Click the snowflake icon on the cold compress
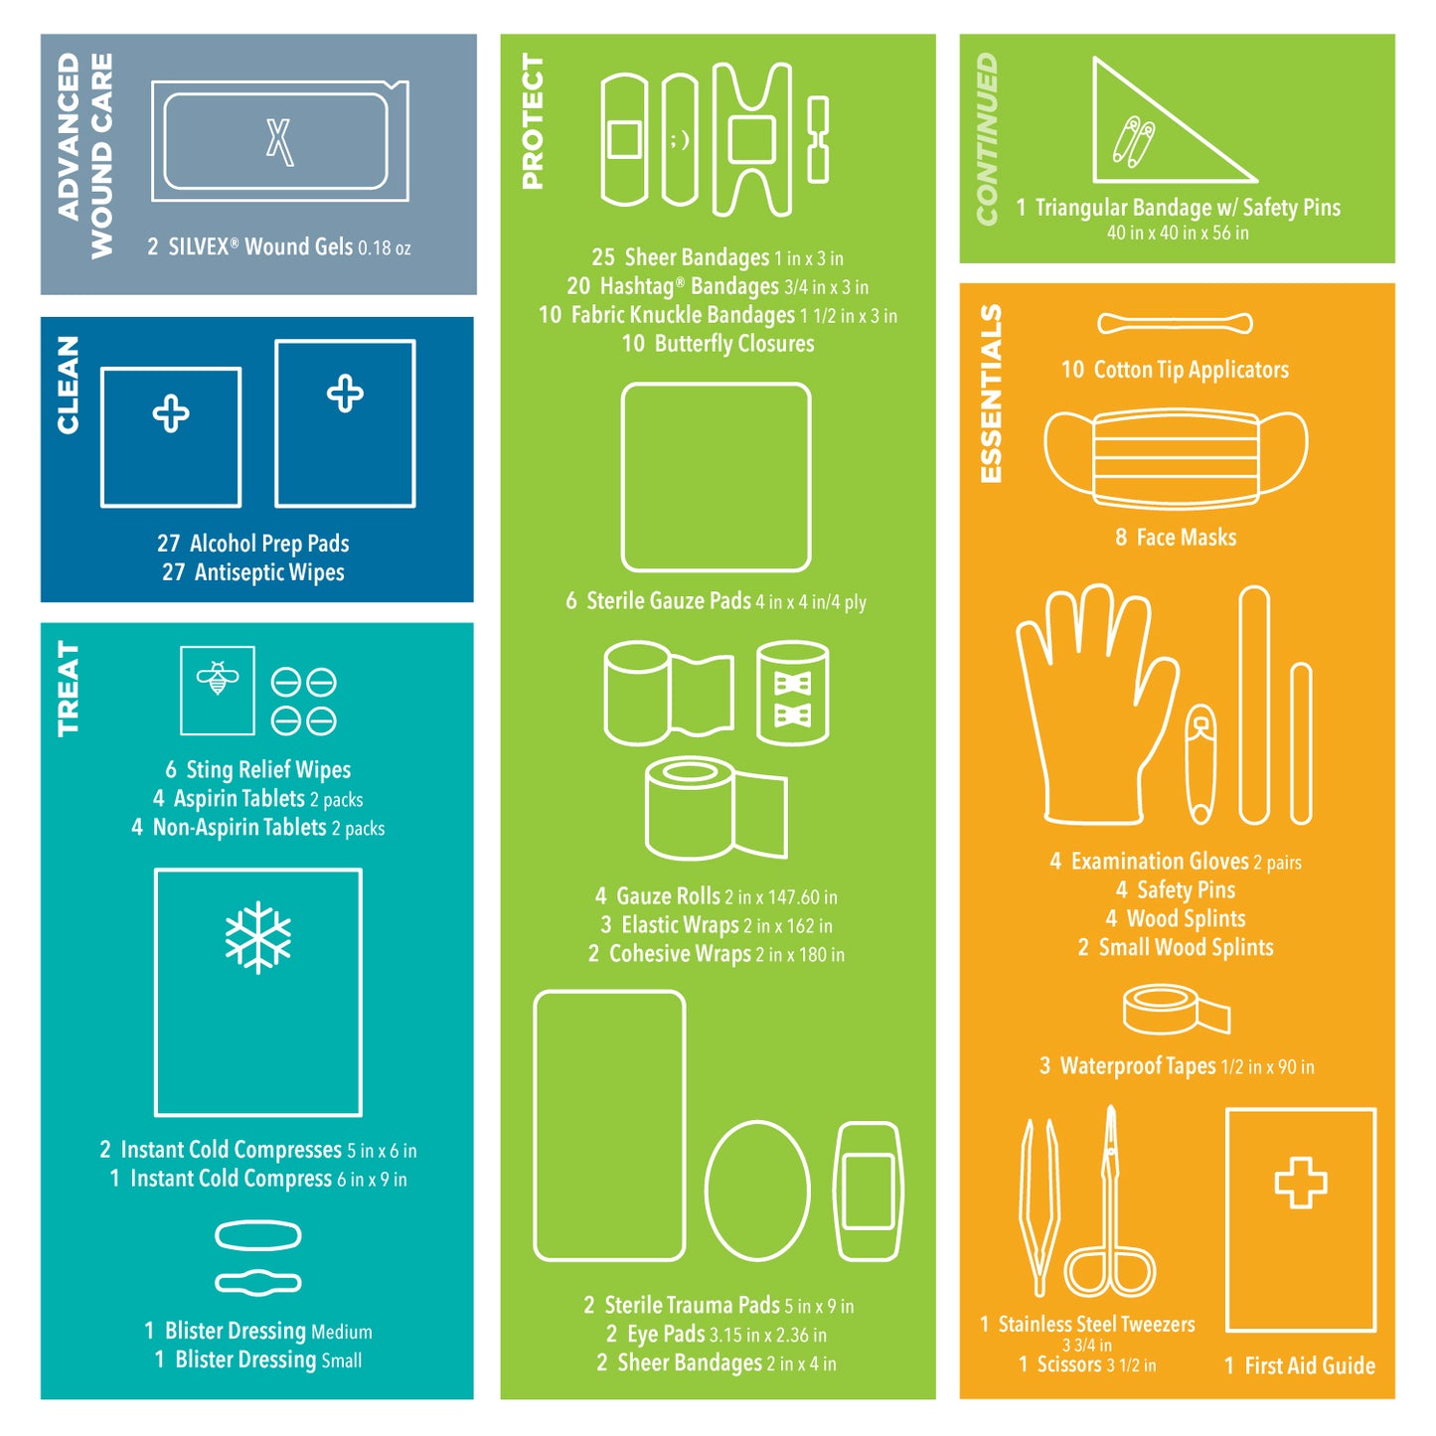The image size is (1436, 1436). click(258, 937)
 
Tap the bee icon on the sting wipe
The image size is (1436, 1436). click(218, 678)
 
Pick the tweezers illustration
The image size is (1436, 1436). click(1039, 1207)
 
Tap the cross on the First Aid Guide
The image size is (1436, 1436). click(1301, 1183)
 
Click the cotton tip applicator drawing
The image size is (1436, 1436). click(1175, 323)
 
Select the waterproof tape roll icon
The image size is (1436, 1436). click(1176, 1010)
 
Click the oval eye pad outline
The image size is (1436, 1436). click(757, 1191)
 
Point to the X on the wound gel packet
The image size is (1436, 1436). click(279, 141)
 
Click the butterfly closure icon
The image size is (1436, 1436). click(818, 140)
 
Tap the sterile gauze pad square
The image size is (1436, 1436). click(716, 477)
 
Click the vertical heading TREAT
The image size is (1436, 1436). click(68, 688)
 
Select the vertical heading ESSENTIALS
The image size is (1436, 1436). click(991, 394)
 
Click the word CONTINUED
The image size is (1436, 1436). click(987, 139)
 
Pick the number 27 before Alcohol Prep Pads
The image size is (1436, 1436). click(168, 544)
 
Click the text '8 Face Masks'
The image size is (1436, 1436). click(1176, 538)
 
